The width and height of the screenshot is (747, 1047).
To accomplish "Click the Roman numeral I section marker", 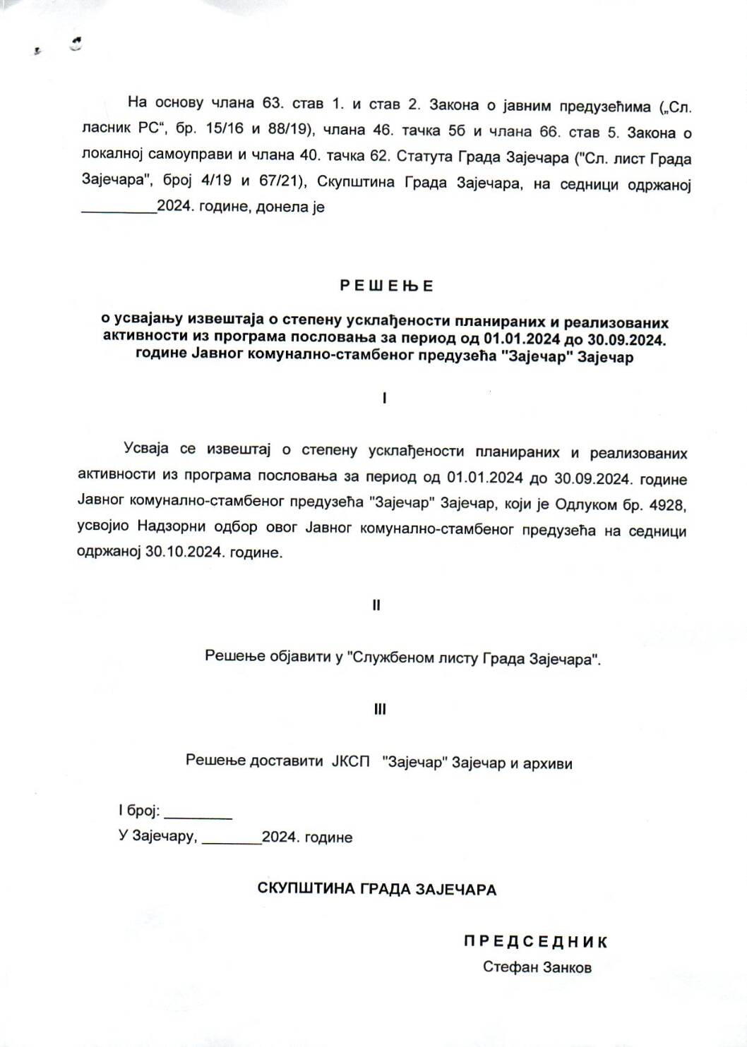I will tap(384, 398).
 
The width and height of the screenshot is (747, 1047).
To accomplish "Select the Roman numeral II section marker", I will tap(376, 605).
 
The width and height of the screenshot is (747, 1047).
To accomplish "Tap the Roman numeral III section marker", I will tap(380, 710).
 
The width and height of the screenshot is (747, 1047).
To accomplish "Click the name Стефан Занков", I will tap(537, 967).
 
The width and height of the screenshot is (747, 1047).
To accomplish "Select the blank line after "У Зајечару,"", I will tap(232, 837).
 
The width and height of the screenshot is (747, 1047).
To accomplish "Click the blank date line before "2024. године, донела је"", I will tap(119, 208).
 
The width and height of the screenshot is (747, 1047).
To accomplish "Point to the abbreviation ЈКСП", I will tap(351, 762).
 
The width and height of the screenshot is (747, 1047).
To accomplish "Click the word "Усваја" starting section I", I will tap(148, 449).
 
